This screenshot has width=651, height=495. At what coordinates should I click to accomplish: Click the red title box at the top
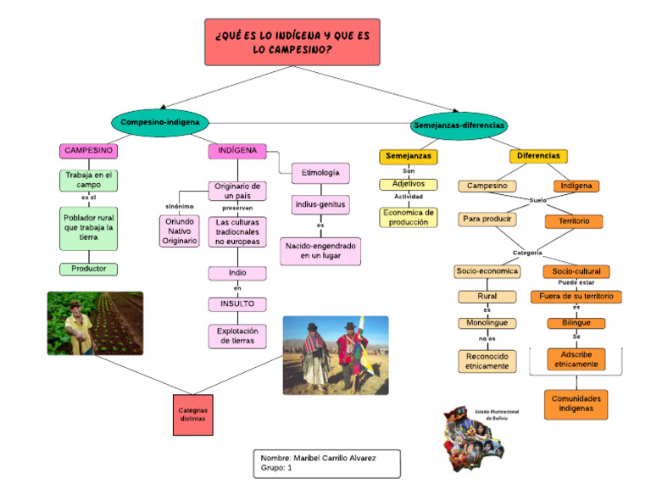pos(292,42)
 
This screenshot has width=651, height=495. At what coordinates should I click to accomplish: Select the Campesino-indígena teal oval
pos(159,123)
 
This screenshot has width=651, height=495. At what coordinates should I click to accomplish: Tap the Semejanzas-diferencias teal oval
pos(459,125)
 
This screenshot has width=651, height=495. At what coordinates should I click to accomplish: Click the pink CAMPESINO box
pos(88,151)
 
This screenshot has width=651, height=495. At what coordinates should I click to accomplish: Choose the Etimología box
pos(320,173)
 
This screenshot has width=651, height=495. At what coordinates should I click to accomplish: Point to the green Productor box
pos(88,269)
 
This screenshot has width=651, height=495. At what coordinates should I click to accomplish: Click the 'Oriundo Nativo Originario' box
pos(179,231)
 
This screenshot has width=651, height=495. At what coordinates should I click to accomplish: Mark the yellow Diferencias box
pos(538,157)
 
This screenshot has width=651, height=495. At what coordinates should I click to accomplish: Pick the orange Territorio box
pos(573,221)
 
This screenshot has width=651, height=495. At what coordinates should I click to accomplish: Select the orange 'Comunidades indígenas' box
pos(576,403)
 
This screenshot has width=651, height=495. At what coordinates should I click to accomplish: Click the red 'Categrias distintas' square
pos(192,414)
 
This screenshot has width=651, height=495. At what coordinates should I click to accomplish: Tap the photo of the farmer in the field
pos(95,323)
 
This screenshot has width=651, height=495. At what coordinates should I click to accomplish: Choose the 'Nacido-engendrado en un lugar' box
pos(320,250)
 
